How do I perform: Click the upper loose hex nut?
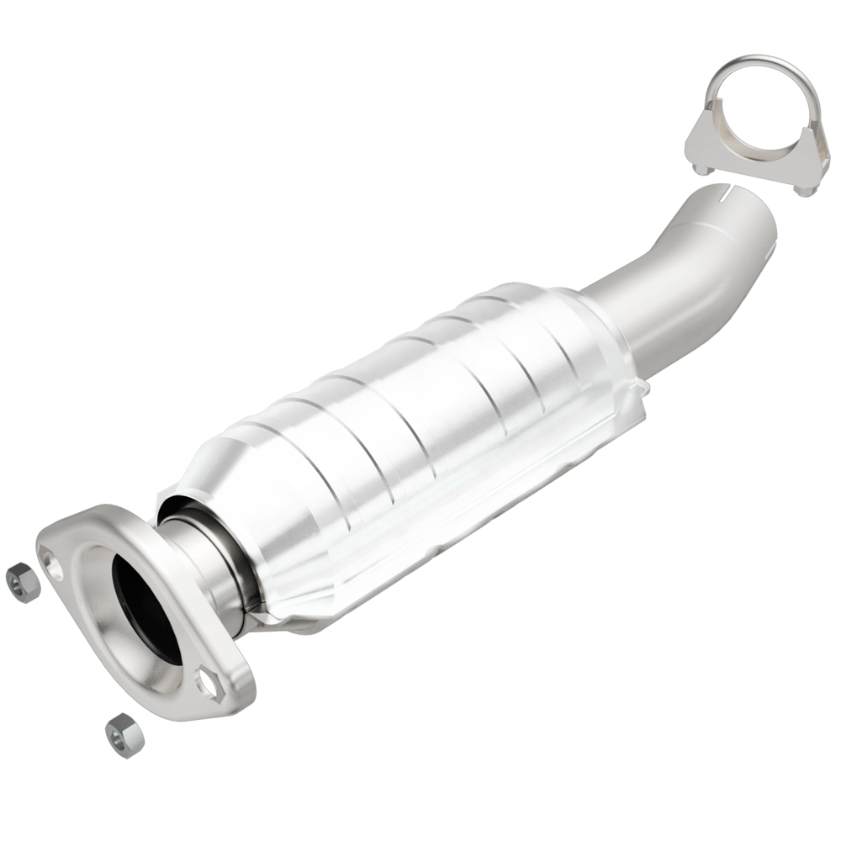tap(23, 582)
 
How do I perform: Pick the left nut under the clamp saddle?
tap(700, 168)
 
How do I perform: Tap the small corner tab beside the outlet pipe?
tap(641, 389)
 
